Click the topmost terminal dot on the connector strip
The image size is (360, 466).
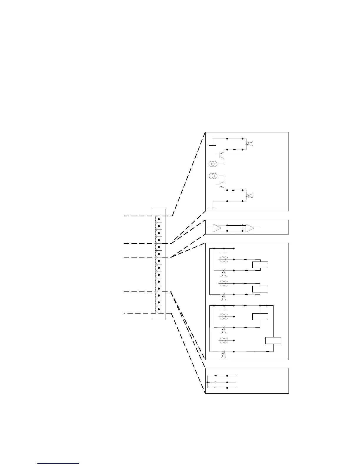click(159, 219)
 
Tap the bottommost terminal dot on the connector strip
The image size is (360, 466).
click(159, 309)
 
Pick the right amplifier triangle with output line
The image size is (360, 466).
click(250, 228)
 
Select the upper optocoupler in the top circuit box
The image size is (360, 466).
click(250, 144)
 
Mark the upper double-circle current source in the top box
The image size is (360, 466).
click(213, 164)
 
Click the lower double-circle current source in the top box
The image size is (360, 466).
click(213, 176)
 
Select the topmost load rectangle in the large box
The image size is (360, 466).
click(260, 265)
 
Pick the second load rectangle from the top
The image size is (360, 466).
click(260, 289)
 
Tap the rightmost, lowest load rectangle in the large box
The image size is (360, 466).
click(273, 340)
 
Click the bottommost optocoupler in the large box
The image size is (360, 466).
click(224, 353)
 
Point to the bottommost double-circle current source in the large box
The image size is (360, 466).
click(224, 340)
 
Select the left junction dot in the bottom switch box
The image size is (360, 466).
click(207, 382)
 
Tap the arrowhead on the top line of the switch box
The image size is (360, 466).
click(215, 376)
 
